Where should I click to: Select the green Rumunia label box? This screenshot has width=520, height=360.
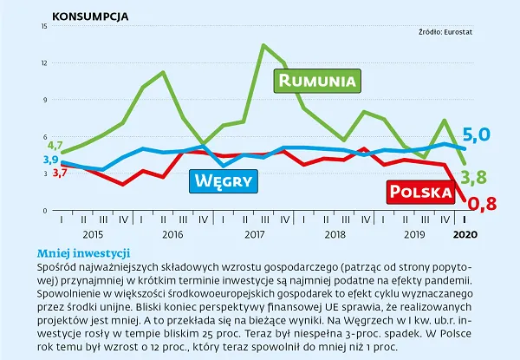tap(316, 81)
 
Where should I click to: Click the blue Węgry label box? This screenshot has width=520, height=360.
tap(224, 180)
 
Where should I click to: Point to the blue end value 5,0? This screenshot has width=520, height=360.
tap(477, 134)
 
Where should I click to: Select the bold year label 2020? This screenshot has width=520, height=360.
tap(465, 235)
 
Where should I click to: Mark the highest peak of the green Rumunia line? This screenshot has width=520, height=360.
tap(263, 45)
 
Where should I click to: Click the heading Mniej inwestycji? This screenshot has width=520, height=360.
tap(83, 252)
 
